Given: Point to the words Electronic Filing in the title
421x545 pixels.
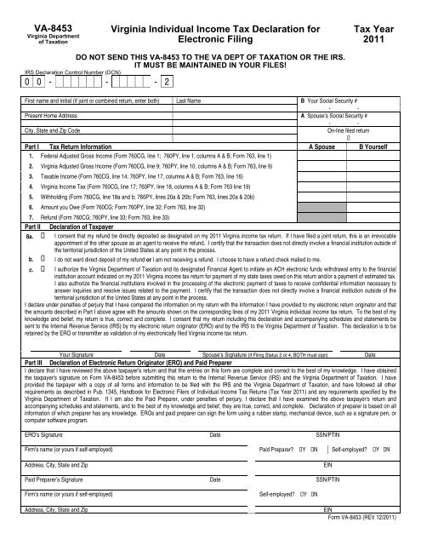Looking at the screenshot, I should [x=208, y=39].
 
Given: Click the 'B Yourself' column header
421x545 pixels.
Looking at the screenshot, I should [x=378, y=146].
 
